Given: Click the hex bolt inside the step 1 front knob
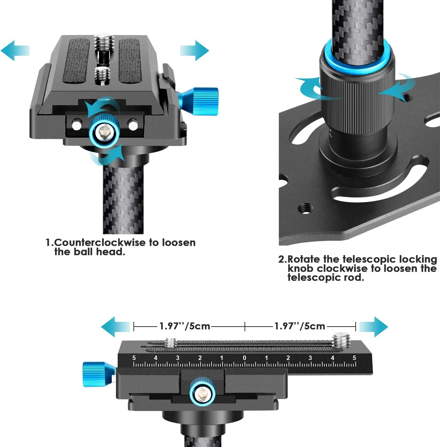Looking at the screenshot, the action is tap(105, 132).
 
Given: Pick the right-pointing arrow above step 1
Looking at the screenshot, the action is tap(195, 50).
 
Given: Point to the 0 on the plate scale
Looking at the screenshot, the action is tap(244, 358).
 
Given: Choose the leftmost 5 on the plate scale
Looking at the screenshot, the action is tap(134, 358).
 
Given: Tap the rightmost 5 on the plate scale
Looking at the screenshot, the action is tap(354, 358).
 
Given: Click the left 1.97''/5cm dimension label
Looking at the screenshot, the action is tap(185, 326).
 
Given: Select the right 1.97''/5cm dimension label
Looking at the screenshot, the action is tap(300, 326).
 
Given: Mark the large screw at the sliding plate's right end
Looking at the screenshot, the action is tap(341, 341).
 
